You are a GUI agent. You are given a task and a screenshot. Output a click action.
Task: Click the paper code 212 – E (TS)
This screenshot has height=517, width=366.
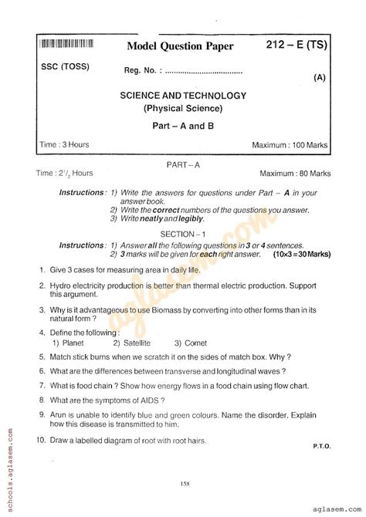click(x=297, y=46)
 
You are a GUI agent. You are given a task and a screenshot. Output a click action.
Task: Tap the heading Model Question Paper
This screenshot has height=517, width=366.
click(x=180, y=48)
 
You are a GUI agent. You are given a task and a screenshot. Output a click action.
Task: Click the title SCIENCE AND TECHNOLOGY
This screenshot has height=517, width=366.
click(x=183, y=96)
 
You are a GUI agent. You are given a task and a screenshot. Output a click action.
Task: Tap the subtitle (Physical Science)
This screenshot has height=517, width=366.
click(x=183, y=109)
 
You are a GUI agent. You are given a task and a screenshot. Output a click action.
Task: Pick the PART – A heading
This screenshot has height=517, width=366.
click(x=183, y=164)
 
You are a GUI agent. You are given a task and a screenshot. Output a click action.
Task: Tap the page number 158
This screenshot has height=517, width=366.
click(x=184, y=484)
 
